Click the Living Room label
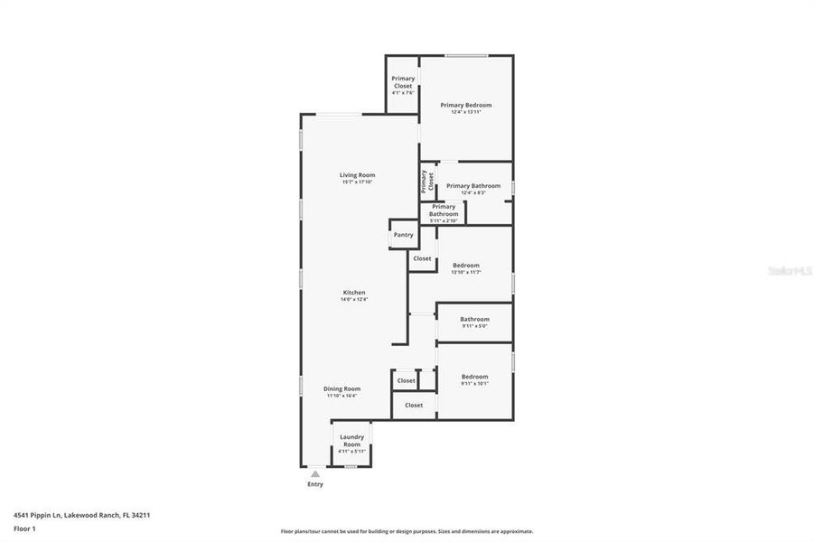click(357, 174)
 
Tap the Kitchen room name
click(353, 292)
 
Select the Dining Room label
click(342, 388)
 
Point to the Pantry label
click(403, 235)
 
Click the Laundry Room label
click(351, 440)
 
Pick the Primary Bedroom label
click(466, 105)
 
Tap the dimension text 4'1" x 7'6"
click(403, 93)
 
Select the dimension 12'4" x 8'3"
click(472, 192)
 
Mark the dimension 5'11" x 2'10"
click(444, 220)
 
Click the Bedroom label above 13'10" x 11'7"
click(465, 265)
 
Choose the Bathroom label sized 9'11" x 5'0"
click(474, 318)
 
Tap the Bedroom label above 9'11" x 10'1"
click(474, 376)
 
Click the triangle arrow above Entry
click(314, 472)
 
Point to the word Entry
click(314, 484)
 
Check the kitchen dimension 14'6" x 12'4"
click(354, 299)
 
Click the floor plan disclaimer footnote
click(407, 531)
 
